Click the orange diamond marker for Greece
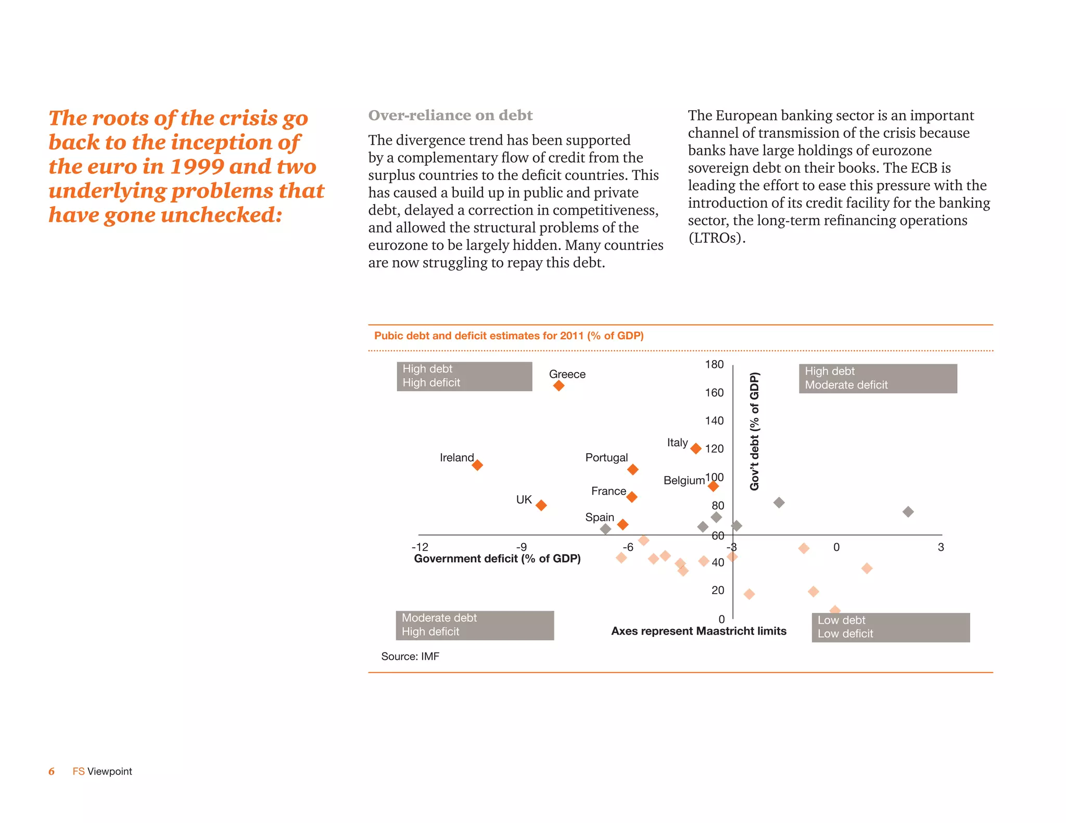[559, 385]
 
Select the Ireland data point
[477, 465]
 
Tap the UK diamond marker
[541, 505]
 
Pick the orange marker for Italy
[695, 448]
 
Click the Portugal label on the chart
[606, 458]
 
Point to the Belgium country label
[683, 480]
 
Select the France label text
[608, 491]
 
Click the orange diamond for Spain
[623, 524]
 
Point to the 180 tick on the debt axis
[714, 365]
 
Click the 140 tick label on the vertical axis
[714, 421]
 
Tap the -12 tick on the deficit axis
[420, 547]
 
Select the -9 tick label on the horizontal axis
[521, 547]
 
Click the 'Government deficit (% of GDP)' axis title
[497, 559]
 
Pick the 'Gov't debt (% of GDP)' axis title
[754, 431]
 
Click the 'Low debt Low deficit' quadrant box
[890, 627]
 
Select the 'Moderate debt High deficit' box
[474, 625]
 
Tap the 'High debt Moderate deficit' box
[878, 378]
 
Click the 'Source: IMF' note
[410, 657]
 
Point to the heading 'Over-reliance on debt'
[450, 115]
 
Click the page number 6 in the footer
[52, 771]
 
